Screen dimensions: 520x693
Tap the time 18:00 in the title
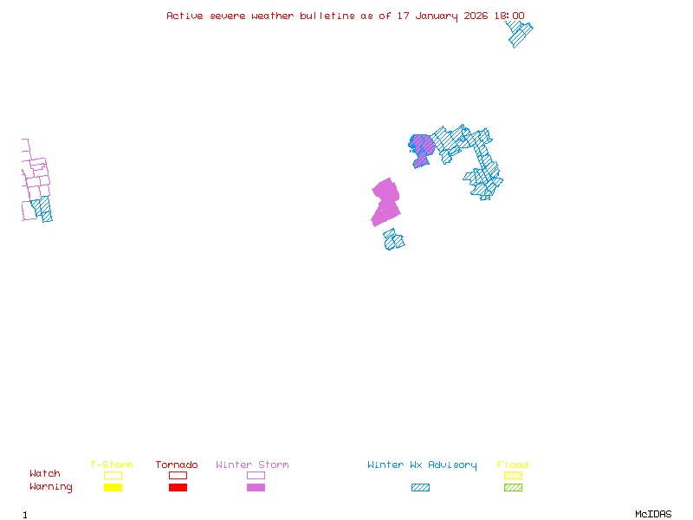pyautogui.click(x=508, y=16)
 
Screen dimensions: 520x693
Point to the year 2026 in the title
pyautogui.click(x=476, y=16)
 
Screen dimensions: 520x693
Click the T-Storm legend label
pyautogui.click(x=112, y=465)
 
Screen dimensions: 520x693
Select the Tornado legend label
pyautogui.click(x=177, y=465)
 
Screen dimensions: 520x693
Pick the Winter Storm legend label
pyautogui.click(x=252, y=465)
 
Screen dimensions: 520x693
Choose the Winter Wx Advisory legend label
pyautogui.click(x=422, y=465)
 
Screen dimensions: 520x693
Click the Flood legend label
pyautogui.click(x=513, y=465)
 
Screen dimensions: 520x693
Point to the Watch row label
pyautogui.click(x=45, y=474)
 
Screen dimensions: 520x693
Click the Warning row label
pyautogui.click(x=51, y=487)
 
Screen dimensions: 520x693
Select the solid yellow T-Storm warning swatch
pyautogui.click(x=113, y=488)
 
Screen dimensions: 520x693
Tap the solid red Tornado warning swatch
pyautogui.click(x=178, y=488)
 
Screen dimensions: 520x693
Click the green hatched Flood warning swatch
pyautogui.click(x=513, y=488)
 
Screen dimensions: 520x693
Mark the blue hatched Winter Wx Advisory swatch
pyautogui.click(x=420, y=488)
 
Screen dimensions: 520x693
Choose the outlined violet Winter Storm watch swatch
pyautogui.click(x=256, y=475)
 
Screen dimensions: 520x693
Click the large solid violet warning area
pyautogui.click(x=385, y=203)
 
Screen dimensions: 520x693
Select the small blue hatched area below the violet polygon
pyautogui.click(x=394, y=240)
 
